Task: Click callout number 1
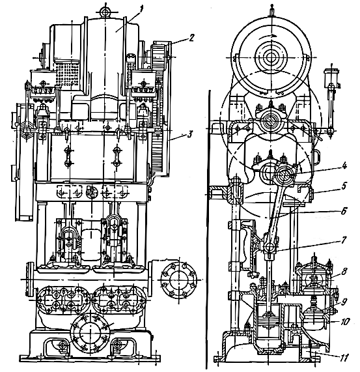141,10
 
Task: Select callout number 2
191,38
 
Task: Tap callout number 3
189,134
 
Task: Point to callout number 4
344,166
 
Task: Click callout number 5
344,186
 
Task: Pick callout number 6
344,211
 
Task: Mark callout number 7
344,240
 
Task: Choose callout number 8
344,271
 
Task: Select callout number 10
344,322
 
